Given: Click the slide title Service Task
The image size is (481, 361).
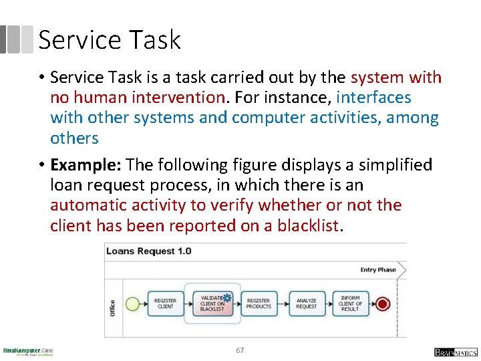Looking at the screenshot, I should pyautogui.click(x=110, y=40).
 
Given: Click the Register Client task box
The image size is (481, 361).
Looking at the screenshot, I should pyautogui.click(x=165, y=304).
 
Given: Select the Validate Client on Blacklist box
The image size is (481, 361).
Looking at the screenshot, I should pyautogui.click(x=212, y=304).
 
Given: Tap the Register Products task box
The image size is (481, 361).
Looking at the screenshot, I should pyautogui.click(x=259, y=304).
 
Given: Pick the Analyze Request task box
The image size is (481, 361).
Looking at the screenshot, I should pyautogui.click(x=306, y=304).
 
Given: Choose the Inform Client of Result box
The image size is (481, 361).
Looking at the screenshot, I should pyautogui.click(x=350, y=304).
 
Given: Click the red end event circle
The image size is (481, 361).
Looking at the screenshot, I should pyautogui.click(x=382, y=304).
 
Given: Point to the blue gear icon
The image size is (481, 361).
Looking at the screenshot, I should pyautogui.click(x=227, y=297).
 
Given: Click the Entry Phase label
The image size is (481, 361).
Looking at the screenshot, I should pyautogui.click(x=378, y=270).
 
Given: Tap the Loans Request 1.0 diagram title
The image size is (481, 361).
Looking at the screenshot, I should pyautogui.click(x=148, y=251).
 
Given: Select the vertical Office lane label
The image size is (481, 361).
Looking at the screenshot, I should pyautogui.click(x=112, y=308).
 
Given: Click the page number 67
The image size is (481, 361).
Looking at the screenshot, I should pyautogui.click(x=240, y=350).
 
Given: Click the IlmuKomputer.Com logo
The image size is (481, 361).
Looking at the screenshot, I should pyautogui.click(x=28, y=351).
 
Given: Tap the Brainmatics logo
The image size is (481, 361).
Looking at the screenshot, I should pyautogui.click(x=456, y=352).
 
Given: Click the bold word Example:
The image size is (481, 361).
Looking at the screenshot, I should pyautogui.click(x=86, y=164).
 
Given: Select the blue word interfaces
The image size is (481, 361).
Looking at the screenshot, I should pyautogui.click(x=373, y=98).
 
